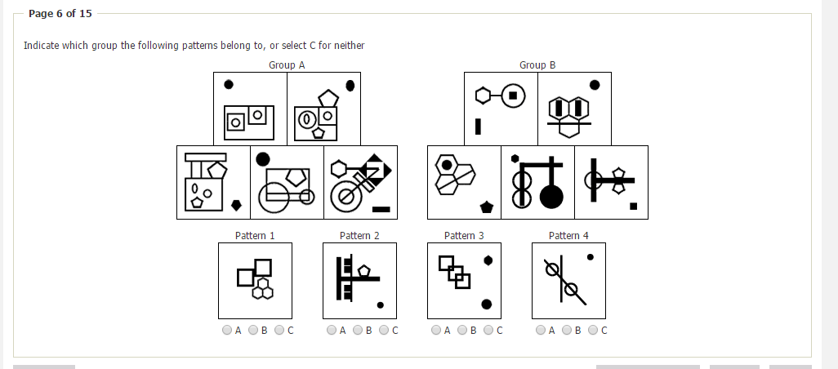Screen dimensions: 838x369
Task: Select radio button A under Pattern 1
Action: [x=226, y=330]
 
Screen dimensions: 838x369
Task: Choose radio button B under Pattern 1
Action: [x=253, y=330]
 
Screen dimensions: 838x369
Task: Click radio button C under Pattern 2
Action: [x=384, y=330]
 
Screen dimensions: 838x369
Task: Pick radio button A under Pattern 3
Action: [x=436, y=330]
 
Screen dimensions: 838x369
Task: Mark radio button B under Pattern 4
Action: [x=567, y=330]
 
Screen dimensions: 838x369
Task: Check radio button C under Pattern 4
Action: [x=593, y=330]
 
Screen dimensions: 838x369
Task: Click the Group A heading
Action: [x=287, y=65]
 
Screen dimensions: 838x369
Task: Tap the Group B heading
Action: [x=537, y=65]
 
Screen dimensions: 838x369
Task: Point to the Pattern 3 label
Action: [x=464, y=235]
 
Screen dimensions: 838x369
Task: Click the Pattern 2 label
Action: [x=359, y=235]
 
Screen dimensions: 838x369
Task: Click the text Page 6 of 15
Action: [x=60, y=13]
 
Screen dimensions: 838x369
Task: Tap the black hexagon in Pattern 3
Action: [x=488, y=260]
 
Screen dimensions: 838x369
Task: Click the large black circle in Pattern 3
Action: [x=486, y=305]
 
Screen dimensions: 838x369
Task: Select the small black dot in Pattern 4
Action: [x=590, y=257]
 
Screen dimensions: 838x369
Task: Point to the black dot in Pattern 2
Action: [x=380, y=305]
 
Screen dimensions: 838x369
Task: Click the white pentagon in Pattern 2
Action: [x=364, y=271]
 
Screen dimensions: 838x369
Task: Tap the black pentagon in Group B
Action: [x=486, y=207]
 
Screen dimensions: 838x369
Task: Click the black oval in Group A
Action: [x=350, y=86]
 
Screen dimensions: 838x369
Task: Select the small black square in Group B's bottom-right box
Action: [x=633, y=206]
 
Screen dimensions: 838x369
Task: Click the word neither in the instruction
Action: [x=350, y=46]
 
